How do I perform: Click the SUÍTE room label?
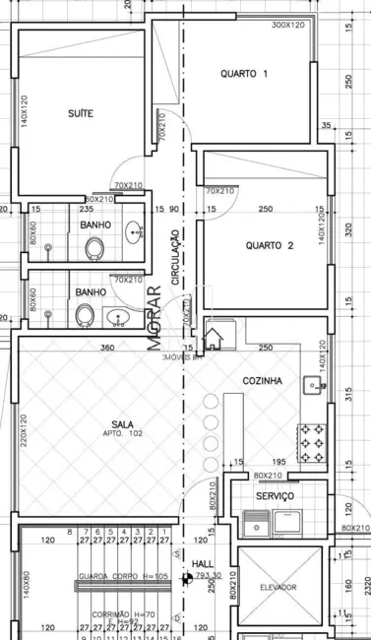point(81,113)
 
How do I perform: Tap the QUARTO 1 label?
point(244,74)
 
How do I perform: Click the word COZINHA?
point(263,380)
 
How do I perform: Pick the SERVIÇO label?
point(275,497)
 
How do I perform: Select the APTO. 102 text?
point(117,433)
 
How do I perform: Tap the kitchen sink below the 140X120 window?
point(315,385)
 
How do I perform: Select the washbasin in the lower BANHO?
point(118,317)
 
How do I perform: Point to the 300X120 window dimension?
point(288,24)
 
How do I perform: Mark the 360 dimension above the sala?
point(108,348)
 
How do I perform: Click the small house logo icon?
point(213,340)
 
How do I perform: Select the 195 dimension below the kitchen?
point(278,462)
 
